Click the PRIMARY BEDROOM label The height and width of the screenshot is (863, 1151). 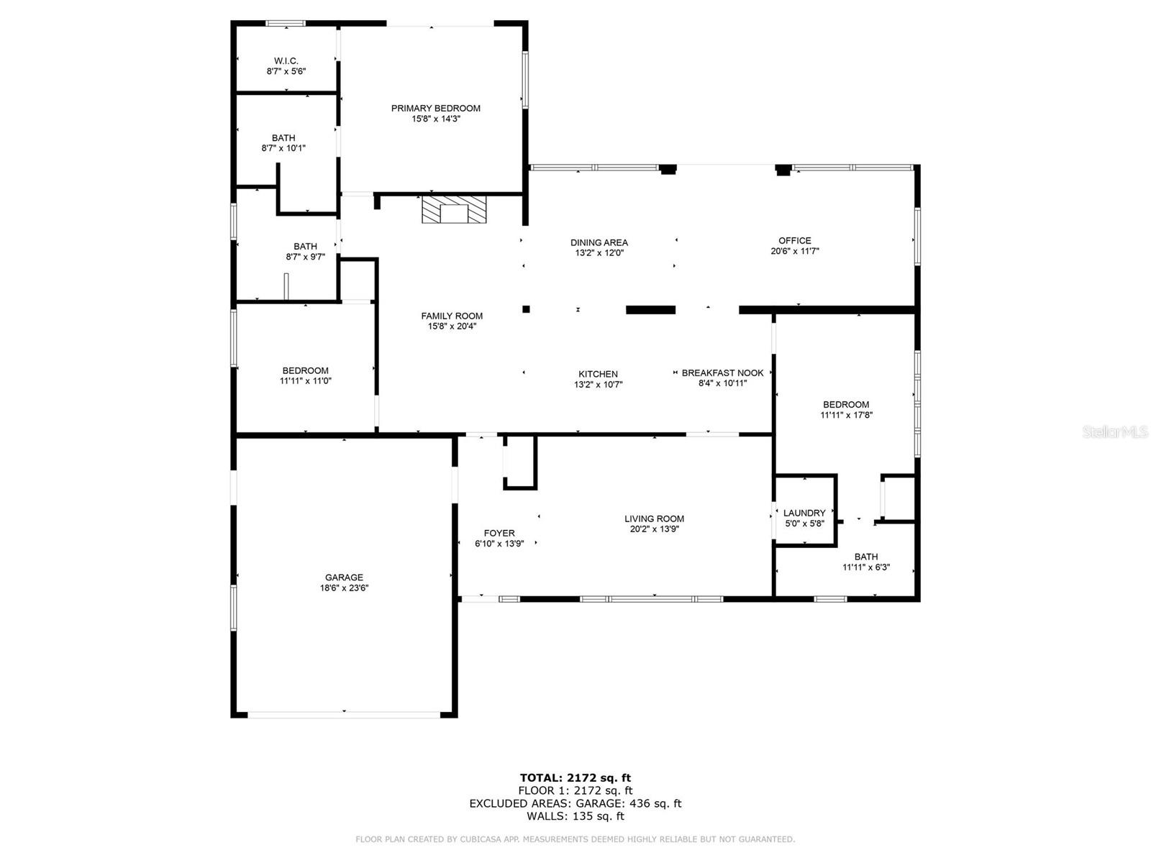435,109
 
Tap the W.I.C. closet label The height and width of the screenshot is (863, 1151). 286,61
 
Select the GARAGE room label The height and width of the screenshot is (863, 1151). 343,577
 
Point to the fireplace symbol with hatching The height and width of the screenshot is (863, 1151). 454,209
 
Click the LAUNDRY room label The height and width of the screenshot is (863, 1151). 804,513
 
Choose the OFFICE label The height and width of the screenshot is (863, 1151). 794,240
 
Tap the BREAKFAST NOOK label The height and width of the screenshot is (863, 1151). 722,373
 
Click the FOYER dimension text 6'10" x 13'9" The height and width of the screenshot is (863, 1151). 499,544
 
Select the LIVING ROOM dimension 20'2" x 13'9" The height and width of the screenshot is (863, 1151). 654,529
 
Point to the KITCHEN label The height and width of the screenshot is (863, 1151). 598,374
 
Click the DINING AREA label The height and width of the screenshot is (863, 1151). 599,242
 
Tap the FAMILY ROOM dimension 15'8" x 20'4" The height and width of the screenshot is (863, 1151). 452,327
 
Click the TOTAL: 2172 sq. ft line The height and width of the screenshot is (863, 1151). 575,777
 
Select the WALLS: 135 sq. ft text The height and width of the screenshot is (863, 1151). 575,816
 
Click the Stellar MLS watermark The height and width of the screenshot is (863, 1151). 1115,431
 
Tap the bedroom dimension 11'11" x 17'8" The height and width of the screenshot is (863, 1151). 846,415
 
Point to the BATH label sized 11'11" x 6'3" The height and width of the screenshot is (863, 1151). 865,557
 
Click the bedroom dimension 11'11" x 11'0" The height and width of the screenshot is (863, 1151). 305,381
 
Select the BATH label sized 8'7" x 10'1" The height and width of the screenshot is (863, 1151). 283,138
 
